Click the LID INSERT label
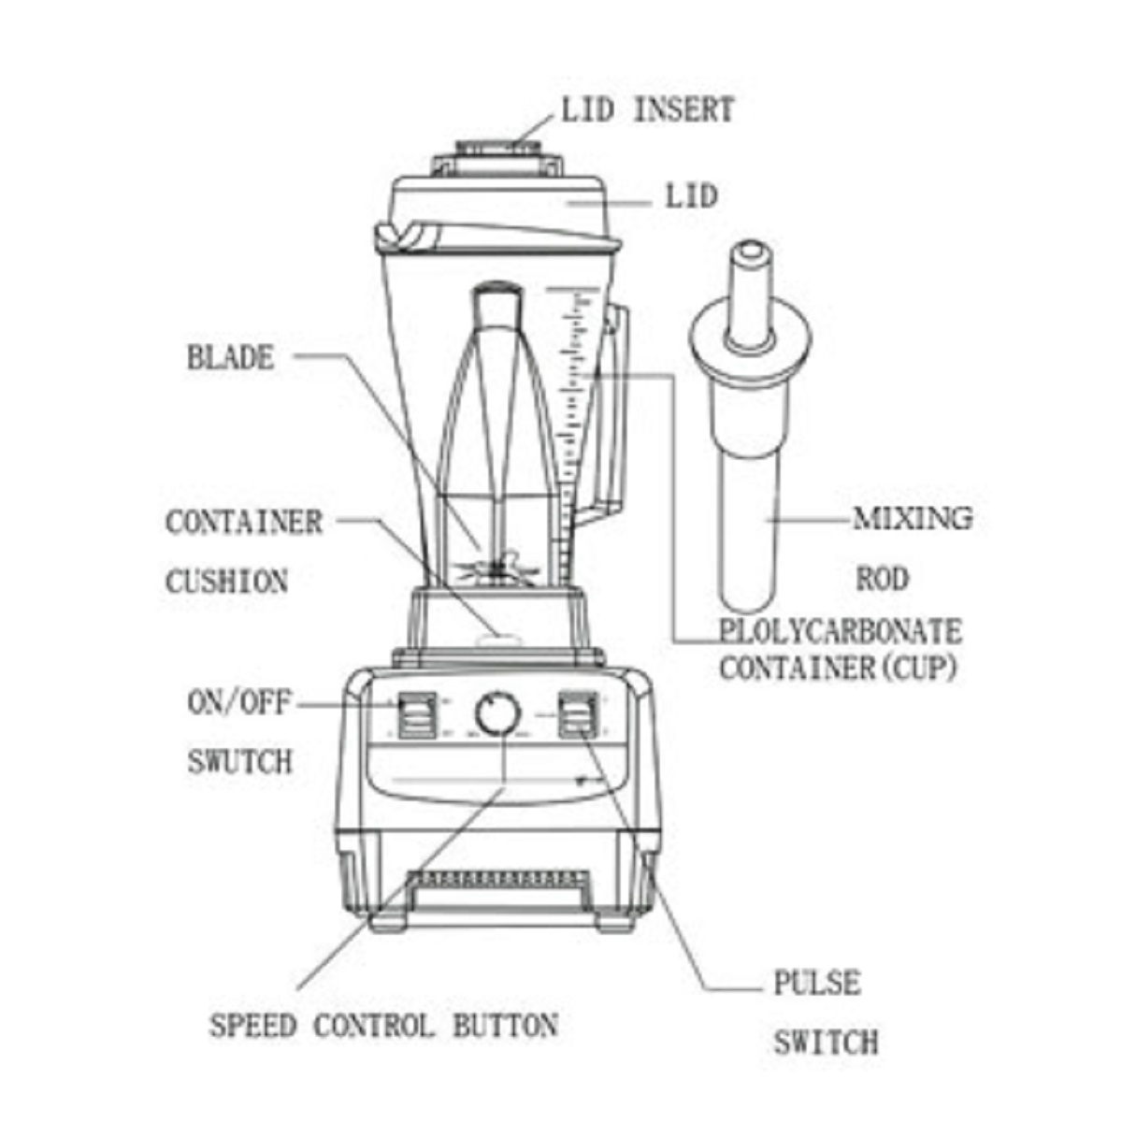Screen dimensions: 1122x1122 (647, 110)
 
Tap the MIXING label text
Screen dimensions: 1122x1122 (913, 518)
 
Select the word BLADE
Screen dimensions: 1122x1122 (230, 357)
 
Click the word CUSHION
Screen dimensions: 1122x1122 (227, 581)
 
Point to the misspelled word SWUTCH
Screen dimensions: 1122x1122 (239, 762)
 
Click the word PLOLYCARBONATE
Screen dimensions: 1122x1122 (840, 631)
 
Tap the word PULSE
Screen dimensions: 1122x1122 (816, 983)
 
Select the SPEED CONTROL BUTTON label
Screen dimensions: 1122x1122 (383, 1026)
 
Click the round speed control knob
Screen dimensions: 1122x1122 (497, 713)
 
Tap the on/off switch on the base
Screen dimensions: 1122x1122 (416, 715)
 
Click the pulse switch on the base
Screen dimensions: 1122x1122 (578, 714)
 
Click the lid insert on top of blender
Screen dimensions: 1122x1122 (496, 157)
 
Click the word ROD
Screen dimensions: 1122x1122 (883, 580)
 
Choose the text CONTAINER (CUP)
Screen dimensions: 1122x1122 (839, 668)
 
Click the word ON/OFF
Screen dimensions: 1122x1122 (238, 703)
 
